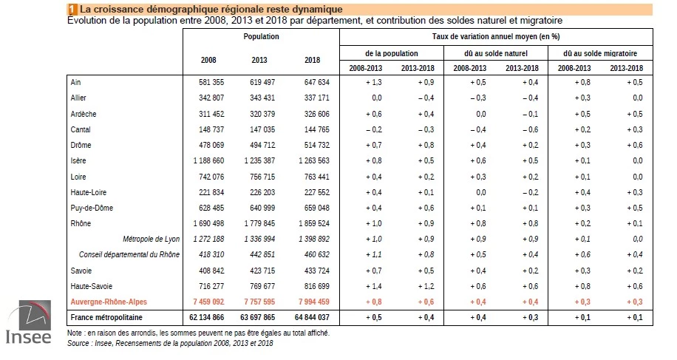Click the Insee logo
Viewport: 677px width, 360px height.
coord(29,322)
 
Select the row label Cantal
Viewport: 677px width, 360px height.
coord(81,129)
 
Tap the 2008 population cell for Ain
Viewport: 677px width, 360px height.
coord(211,82)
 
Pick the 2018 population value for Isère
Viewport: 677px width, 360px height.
coord(314,160)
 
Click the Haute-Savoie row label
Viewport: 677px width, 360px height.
coord(92,286)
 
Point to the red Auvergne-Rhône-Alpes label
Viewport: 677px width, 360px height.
coord(109,302)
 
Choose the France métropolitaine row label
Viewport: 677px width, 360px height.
coord(106,317)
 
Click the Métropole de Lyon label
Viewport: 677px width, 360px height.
coord(151,239)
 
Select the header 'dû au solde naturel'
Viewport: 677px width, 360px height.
coord(496,53)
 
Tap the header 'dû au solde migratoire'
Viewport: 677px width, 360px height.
coord(600,53)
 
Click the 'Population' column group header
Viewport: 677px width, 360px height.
coord(261,37)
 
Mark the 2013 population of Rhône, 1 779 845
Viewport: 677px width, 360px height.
coord(259,223)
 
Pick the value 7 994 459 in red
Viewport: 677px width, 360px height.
coord(312,302)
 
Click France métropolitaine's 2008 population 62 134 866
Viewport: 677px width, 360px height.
coord(206,317)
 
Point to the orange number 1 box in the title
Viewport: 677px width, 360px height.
coord(72,9)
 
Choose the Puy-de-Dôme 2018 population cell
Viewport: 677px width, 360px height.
coord(317,208)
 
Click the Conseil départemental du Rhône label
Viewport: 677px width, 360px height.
coord(129,255)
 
